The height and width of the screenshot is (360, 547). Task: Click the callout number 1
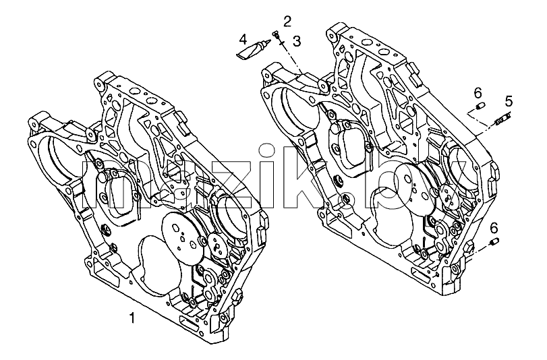click(x=132, y=318)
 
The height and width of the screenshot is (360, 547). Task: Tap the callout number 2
click(x=287, y=22)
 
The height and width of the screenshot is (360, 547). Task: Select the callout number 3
click(x=296, y=41)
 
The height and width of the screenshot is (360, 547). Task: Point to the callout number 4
click(x=243, y=39)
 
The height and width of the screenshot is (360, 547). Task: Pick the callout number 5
click(x=509, y=102)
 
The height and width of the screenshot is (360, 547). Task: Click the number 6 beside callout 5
click(x=478, y=93)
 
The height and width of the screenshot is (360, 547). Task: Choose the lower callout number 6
click(x=494, y=228)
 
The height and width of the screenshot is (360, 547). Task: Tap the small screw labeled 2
click(x=276, y=34)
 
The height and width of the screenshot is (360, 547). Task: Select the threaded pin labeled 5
click(x=502, y=118)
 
